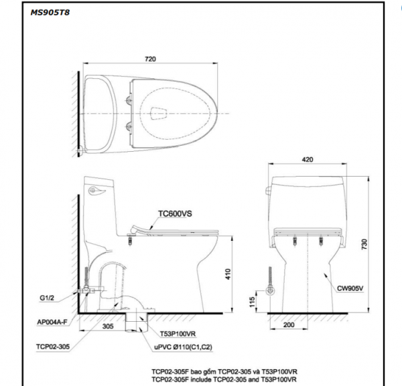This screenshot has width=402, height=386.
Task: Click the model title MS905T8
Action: (x=50, y=13)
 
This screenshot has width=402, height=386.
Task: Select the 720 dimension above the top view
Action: (x=151, y=60)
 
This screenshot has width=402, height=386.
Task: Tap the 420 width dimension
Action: (x=307, y=161)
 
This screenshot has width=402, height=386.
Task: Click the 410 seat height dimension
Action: (x=228, y=273)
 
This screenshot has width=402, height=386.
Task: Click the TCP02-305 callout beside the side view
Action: (x=52, y=346)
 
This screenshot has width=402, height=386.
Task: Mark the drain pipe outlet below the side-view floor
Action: (x=139, y=324)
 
